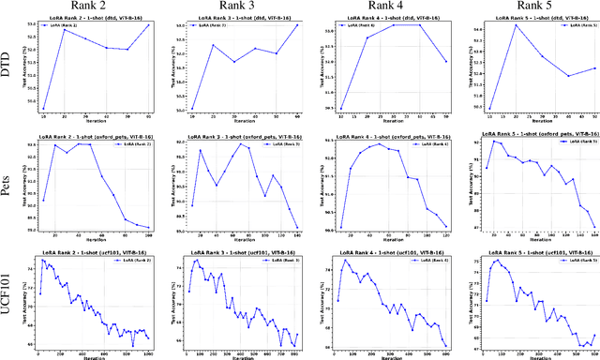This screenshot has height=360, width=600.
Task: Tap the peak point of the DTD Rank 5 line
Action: [x=515, y=25]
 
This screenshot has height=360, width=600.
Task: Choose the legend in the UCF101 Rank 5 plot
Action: [x=577, y=261]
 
